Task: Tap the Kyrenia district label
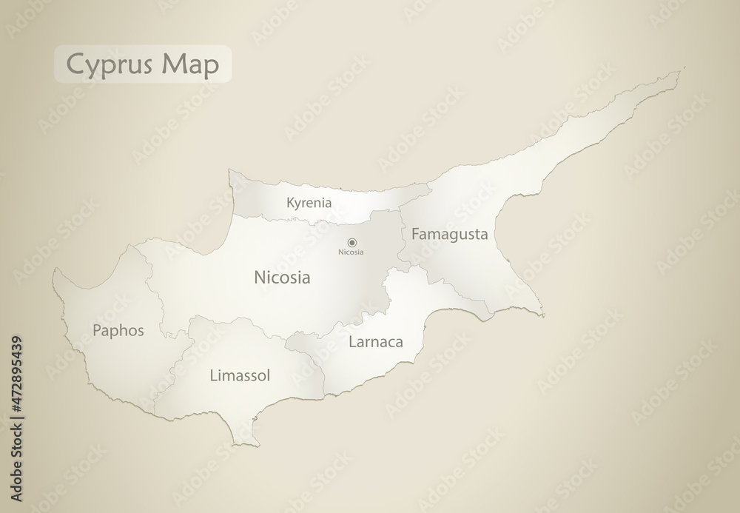coord(309,202)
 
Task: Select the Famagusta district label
coord(449,235)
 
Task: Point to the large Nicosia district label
coord(281,278)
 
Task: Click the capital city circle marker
coord(352,241)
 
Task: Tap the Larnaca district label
coord(375,342)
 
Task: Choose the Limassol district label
coord(239,375)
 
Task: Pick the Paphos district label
coord(118,330)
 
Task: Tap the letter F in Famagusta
coord(414,235)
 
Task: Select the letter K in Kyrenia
coord(289,201)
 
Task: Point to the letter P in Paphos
coord(97,330)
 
